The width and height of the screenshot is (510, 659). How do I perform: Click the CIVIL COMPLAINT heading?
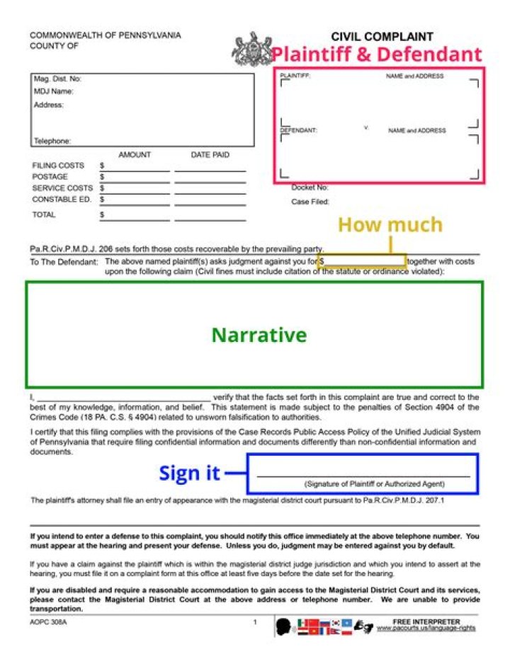(382, 37)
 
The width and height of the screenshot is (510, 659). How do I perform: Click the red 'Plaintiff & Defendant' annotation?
(376, 55)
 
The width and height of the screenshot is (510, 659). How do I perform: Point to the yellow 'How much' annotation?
(390, 224)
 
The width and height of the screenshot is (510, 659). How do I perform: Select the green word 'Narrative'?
(259, 335)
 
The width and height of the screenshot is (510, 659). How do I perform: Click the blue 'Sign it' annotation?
(189, 473)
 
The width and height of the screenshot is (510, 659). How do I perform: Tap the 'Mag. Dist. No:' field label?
(57, 79)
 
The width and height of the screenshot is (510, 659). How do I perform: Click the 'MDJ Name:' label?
(54, 91)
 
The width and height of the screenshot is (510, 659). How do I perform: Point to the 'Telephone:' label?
(52, 141)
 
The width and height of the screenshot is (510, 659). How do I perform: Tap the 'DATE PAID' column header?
(210, 154)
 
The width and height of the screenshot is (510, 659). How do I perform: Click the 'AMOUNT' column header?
(135, 154)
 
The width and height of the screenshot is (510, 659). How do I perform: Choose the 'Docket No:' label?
(310, 188)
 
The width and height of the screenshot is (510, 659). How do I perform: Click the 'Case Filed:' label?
(310, 202)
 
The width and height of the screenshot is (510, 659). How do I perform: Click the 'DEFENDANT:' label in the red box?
(298, 130)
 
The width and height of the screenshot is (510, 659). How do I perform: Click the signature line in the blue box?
(363, 476)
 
